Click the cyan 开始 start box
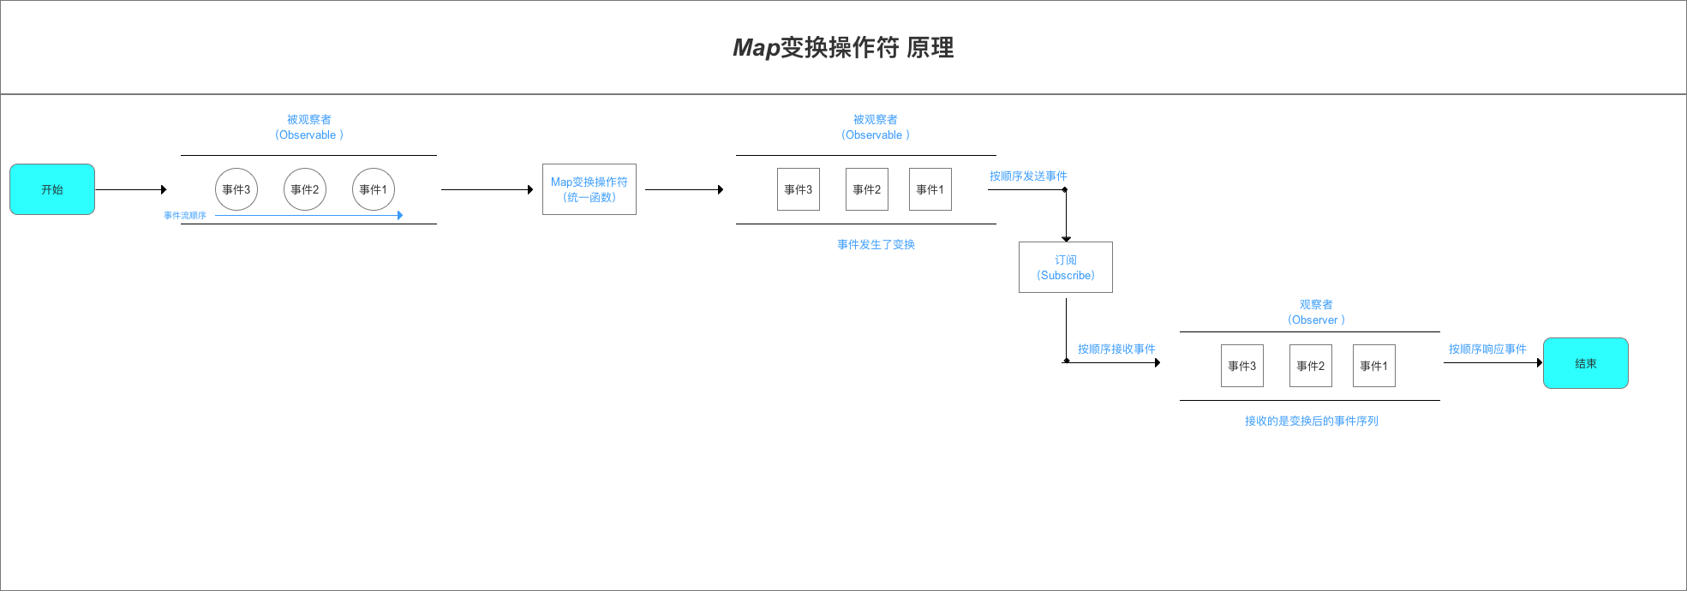[x=52, y=189]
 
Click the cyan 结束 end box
[x=1585, y=363]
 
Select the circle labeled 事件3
[x=236, y=189]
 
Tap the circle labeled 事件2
[x=305, y=189]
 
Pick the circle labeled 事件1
[x=374, y=189]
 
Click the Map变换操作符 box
[x=589, y=189]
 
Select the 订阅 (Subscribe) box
[x=1066, y=267]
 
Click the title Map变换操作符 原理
[x=843, y=47]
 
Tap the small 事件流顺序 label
[x=185, y=216]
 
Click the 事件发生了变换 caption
[x=876, y=245]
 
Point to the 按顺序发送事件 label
[x=1028, y=176]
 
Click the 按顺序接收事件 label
[x=1116, y=349]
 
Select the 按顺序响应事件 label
[x=1487, y=349]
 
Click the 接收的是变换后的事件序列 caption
[x=1311, y=421]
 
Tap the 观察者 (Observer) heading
[x=1316, y=313]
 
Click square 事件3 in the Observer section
[x=1242, y=366]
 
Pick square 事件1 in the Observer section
[x=1374, y=366]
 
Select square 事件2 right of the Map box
[x=867, y=189]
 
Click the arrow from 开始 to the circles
[x=130, y=189]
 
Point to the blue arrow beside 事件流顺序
[x=308, y=215]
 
